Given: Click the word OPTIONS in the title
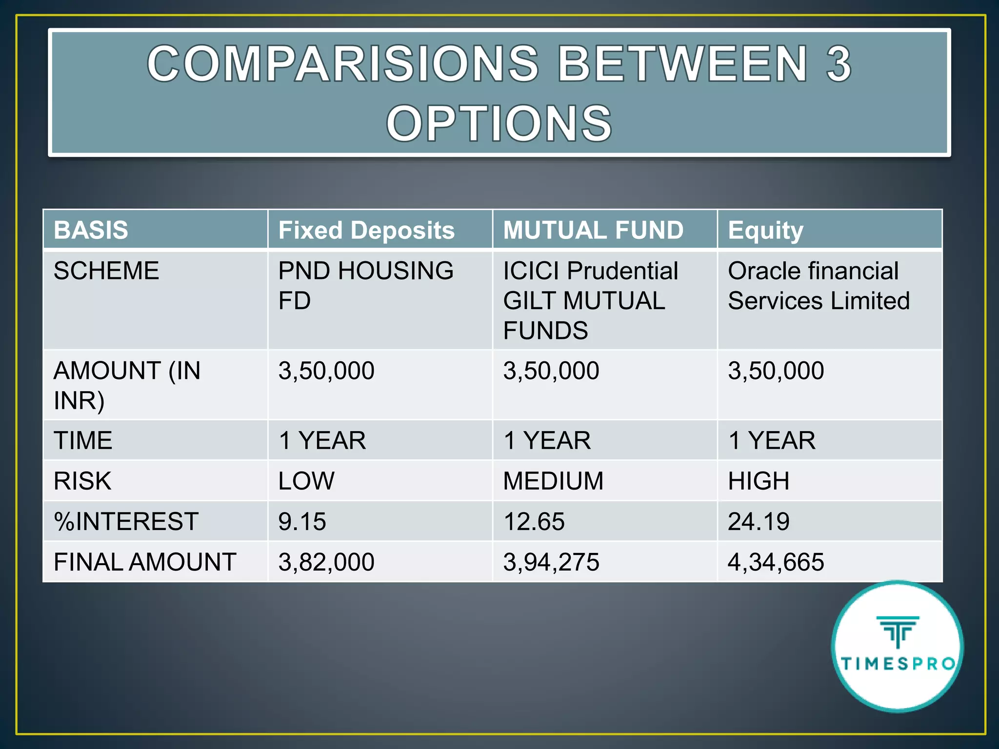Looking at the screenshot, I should tap(499, 124).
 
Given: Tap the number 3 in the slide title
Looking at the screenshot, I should tap(839, 64).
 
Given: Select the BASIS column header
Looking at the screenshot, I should tap(91, 230).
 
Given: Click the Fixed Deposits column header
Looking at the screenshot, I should tap(366, 230).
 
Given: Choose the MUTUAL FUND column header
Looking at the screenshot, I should tap(593, 230).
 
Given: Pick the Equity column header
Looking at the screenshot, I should tap(765, 230).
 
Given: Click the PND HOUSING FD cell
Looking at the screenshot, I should tap(366, 286).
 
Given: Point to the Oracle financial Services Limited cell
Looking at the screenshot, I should tap(819, 286).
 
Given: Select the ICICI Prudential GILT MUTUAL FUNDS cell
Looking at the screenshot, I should tap(590, 300).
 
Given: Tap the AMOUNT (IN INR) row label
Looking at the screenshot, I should tap(127, 385).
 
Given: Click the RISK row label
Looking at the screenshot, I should tap(83, 481).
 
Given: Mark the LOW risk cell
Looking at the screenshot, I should tap(306, 481).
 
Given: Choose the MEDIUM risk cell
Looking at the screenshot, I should tap(553, 481).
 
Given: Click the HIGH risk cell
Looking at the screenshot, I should tap(759, 481).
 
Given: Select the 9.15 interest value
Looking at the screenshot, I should tap(302, 522).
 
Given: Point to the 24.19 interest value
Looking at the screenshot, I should tap(759, 522).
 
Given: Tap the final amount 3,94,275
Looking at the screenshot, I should tap(551, 562).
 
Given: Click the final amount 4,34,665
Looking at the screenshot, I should tap(776, 562).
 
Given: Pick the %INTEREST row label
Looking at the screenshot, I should tap(126, 522).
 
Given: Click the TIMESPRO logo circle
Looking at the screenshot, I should tap(898, 647).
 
